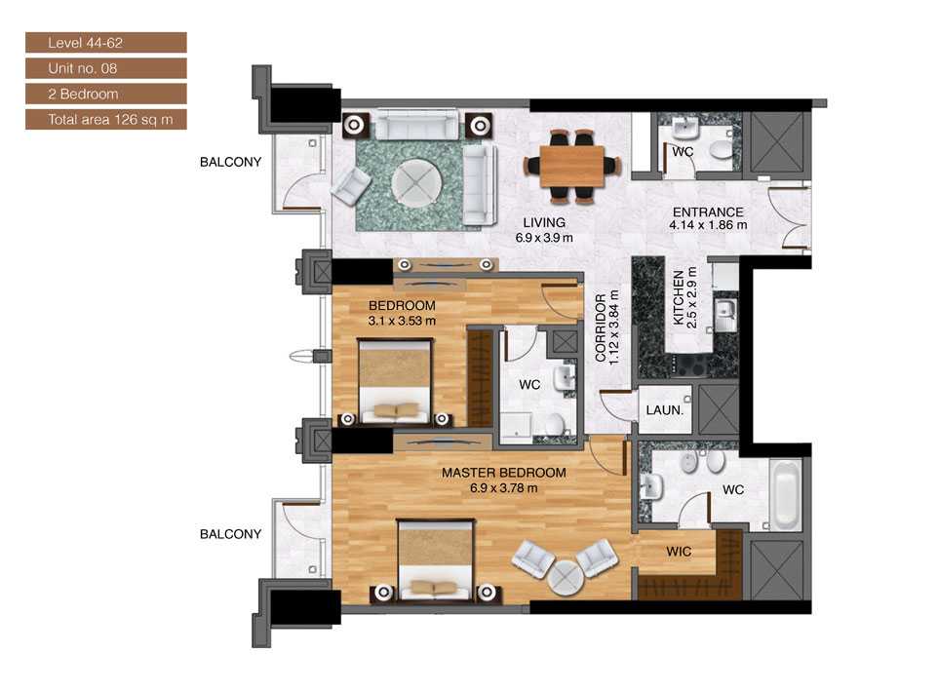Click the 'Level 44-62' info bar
[x=105, y=43]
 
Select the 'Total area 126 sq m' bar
[x=105, y=120]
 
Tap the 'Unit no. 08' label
[x=105, y=68]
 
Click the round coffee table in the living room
[x=416, y=181]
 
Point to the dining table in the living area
[x=571, y=165]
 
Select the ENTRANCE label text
[x=707, y=212]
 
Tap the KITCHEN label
[x=680, y=298]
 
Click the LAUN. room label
[x=665, y=411]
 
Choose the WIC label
[x=679, y=552]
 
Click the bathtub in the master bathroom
[x=786, y=494]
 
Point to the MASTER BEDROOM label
[x=503, y=474]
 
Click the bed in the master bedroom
[x=436, y=559]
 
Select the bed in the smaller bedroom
[x=395, y=380]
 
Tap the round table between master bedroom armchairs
[x=565, y=576]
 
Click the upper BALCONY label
[x=230, y=163]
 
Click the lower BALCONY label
[x=230, y=534]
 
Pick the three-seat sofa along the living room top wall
[x=418, y=125]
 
